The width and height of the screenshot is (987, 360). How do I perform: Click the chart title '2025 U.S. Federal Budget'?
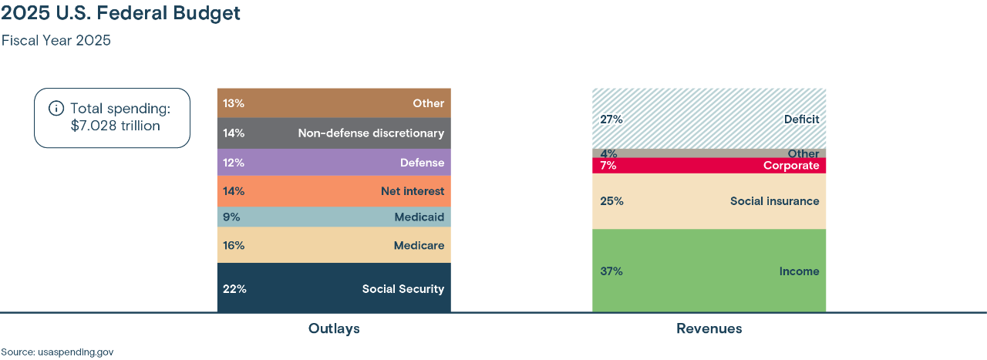click(121, 14)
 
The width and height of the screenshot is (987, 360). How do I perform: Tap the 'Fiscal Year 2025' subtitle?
click(56, 41)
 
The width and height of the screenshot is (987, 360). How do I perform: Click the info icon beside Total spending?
click(56, 108)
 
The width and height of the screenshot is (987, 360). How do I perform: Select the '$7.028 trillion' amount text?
click(115, 126)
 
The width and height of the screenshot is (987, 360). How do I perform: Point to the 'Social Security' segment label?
click(403, 289)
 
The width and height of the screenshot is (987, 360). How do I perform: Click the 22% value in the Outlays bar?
click(234, 289)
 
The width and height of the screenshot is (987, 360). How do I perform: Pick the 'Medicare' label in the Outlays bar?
click(419, 246)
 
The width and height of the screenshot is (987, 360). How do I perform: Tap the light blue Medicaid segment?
click(334, 217)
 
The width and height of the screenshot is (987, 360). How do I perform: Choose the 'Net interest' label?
click(412, 191)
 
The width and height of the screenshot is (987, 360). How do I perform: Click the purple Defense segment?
click(334, 163)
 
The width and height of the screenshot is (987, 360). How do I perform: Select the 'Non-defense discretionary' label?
click(371, 133)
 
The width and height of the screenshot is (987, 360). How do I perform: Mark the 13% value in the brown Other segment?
click(234, 103)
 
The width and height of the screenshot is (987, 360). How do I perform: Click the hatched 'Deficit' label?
click(801, 119)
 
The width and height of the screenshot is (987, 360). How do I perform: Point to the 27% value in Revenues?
click(611, 119)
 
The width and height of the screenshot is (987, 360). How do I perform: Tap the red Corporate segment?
click(709, 166)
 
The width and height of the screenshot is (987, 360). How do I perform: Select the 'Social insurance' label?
click(774, 201)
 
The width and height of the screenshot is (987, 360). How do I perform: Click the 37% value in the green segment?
click(611, 271)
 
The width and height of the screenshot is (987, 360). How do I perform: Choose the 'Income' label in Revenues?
click(799, 271)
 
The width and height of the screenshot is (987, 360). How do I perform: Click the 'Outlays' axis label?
click(334, 329)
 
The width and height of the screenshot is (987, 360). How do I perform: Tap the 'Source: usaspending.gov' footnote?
click(57, 352)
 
